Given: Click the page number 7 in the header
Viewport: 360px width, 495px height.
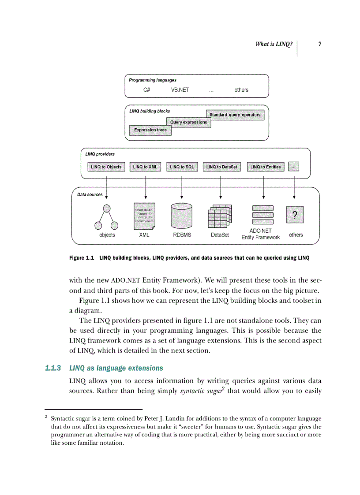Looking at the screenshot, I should coord(319,44).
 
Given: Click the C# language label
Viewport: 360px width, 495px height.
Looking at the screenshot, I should coord(147,90).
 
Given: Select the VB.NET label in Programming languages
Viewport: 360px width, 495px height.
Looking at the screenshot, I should coord(180,90).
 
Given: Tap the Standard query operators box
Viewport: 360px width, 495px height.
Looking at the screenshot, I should coord(235,115).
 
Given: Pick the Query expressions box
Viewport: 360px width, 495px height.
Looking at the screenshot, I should coord(188,123).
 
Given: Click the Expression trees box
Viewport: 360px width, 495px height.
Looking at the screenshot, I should coord(150,130).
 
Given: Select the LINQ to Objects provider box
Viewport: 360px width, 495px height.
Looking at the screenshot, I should coord(106,167).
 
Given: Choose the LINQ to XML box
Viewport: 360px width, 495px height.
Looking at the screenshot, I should coord(145,167).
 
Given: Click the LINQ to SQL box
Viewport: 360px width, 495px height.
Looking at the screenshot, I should coord(182,167).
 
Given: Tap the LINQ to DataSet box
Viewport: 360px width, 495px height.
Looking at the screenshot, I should coord(221,167).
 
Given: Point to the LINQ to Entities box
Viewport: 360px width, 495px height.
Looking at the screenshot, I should coord(265,167).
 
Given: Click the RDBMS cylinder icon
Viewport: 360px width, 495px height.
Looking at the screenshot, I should coord(182,216).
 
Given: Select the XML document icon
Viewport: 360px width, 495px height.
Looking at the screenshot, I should coord(144,216).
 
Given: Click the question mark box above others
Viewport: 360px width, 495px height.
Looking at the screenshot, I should coord(295,216).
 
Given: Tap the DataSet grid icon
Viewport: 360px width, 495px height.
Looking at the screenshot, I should coord(220,216).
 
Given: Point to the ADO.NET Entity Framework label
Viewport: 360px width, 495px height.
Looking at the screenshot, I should coord(260,234).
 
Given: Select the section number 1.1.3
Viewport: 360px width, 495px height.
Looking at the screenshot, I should coord(53,368).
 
